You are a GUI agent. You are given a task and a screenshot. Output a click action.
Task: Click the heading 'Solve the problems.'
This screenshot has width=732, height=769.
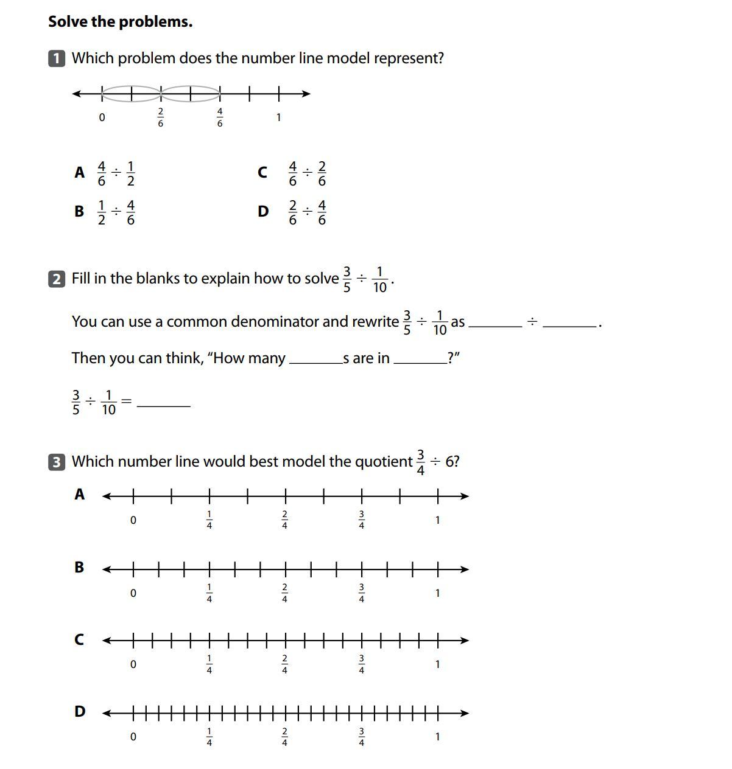120,22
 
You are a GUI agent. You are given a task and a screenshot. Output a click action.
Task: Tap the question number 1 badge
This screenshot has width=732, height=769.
57,58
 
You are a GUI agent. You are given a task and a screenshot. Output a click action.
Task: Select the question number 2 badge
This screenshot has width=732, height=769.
57,279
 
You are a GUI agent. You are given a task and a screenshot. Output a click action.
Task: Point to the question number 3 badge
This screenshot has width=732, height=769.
57,462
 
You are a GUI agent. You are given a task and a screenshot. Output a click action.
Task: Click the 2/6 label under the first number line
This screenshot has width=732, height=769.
161,117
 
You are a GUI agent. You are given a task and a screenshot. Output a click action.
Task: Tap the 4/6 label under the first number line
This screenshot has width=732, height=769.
220,117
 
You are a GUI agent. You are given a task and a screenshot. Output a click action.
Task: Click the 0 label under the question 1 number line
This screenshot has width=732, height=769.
102,117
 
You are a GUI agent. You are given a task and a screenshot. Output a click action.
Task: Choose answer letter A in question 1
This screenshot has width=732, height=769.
79,173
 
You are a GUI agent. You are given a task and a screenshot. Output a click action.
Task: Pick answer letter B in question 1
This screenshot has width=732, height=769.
79,212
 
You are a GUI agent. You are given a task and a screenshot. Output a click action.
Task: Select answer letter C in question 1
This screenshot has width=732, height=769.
262,173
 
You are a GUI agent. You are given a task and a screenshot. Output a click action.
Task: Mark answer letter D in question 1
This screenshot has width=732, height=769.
263,212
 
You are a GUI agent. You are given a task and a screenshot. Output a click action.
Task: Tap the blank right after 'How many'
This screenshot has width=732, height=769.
315,358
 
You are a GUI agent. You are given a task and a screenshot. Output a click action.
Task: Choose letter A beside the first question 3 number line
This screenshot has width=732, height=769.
79,495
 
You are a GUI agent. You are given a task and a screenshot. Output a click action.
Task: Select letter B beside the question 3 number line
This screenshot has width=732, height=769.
79,567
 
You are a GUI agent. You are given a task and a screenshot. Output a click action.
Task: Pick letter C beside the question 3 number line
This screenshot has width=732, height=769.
79,640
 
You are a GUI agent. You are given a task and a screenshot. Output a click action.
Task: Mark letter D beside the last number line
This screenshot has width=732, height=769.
80,711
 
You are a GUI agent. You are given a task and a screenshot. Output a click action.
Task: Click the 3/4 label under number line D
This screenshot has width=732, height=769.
362,736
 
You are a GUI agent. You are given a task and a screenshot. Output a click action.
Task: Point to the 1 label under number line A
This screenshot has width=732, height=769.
437,520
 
